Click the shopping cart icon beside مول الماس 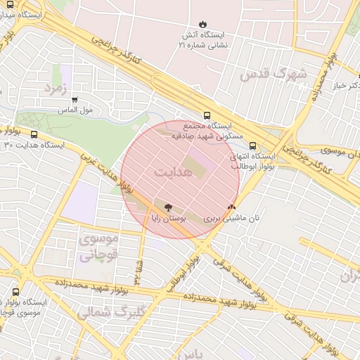(x=74, y=101)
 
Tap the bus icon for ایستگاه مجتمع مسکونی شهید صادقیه (x=207, y=115)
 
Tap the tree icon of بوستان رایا (x=167, y=207)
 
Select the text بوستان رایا (x=163, y=219)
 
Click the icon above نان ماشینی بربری (x=231, y=207)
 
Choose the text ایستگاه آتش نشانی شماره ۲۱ (x=203, y=39)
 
